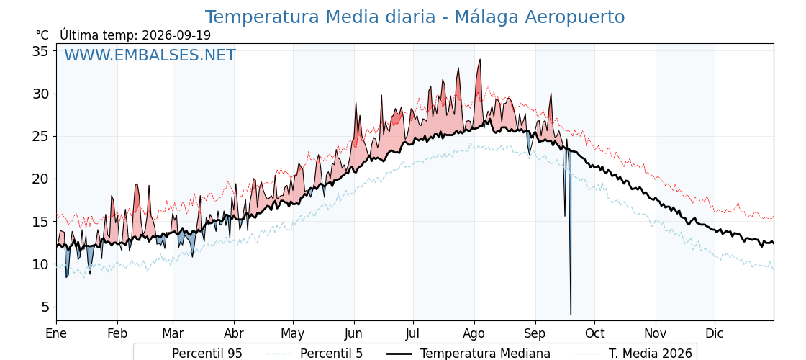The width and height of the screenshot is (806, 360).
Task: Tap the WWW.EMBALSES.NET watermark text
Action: tap(150, 55)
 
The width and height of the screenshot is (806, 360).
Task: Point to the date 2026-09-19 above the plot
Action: tap(176, 35)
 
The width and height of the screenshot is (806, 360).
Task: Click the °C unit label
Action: tap(42, 35)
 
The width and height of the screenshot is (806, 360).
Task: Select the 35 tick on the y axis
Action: tap(41, 51)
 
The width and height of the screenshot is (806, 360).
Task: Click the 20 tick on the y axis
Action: tap(41, 179)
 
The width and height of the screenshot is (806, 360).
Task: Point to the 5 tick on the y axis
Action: tap(45, 307)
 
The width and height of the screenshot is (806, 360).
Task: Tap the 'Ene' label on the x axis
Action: tap(56, 333)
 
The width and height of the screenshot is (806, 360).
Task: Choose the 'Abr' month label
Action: tap(234, 333)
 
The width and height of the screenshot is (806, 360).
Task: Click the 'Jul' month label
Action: tap(414, 333)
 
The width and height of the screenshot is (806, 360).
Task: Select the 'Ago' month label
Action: tap(474, 334)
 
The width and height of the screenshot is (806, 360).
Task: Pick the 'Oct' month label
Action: tap(595, 333)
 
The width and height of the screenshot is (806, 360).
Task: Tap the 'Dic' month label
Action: tap(715, 333)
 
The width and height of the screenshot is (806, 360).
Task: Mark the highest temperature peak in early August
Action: tap(479, 60)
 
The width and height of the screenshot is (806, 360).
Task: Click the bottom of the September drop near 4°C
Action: tap(571, 314)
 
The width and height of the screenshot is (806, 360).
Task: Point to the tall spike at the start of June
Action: tap(356, 104)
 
